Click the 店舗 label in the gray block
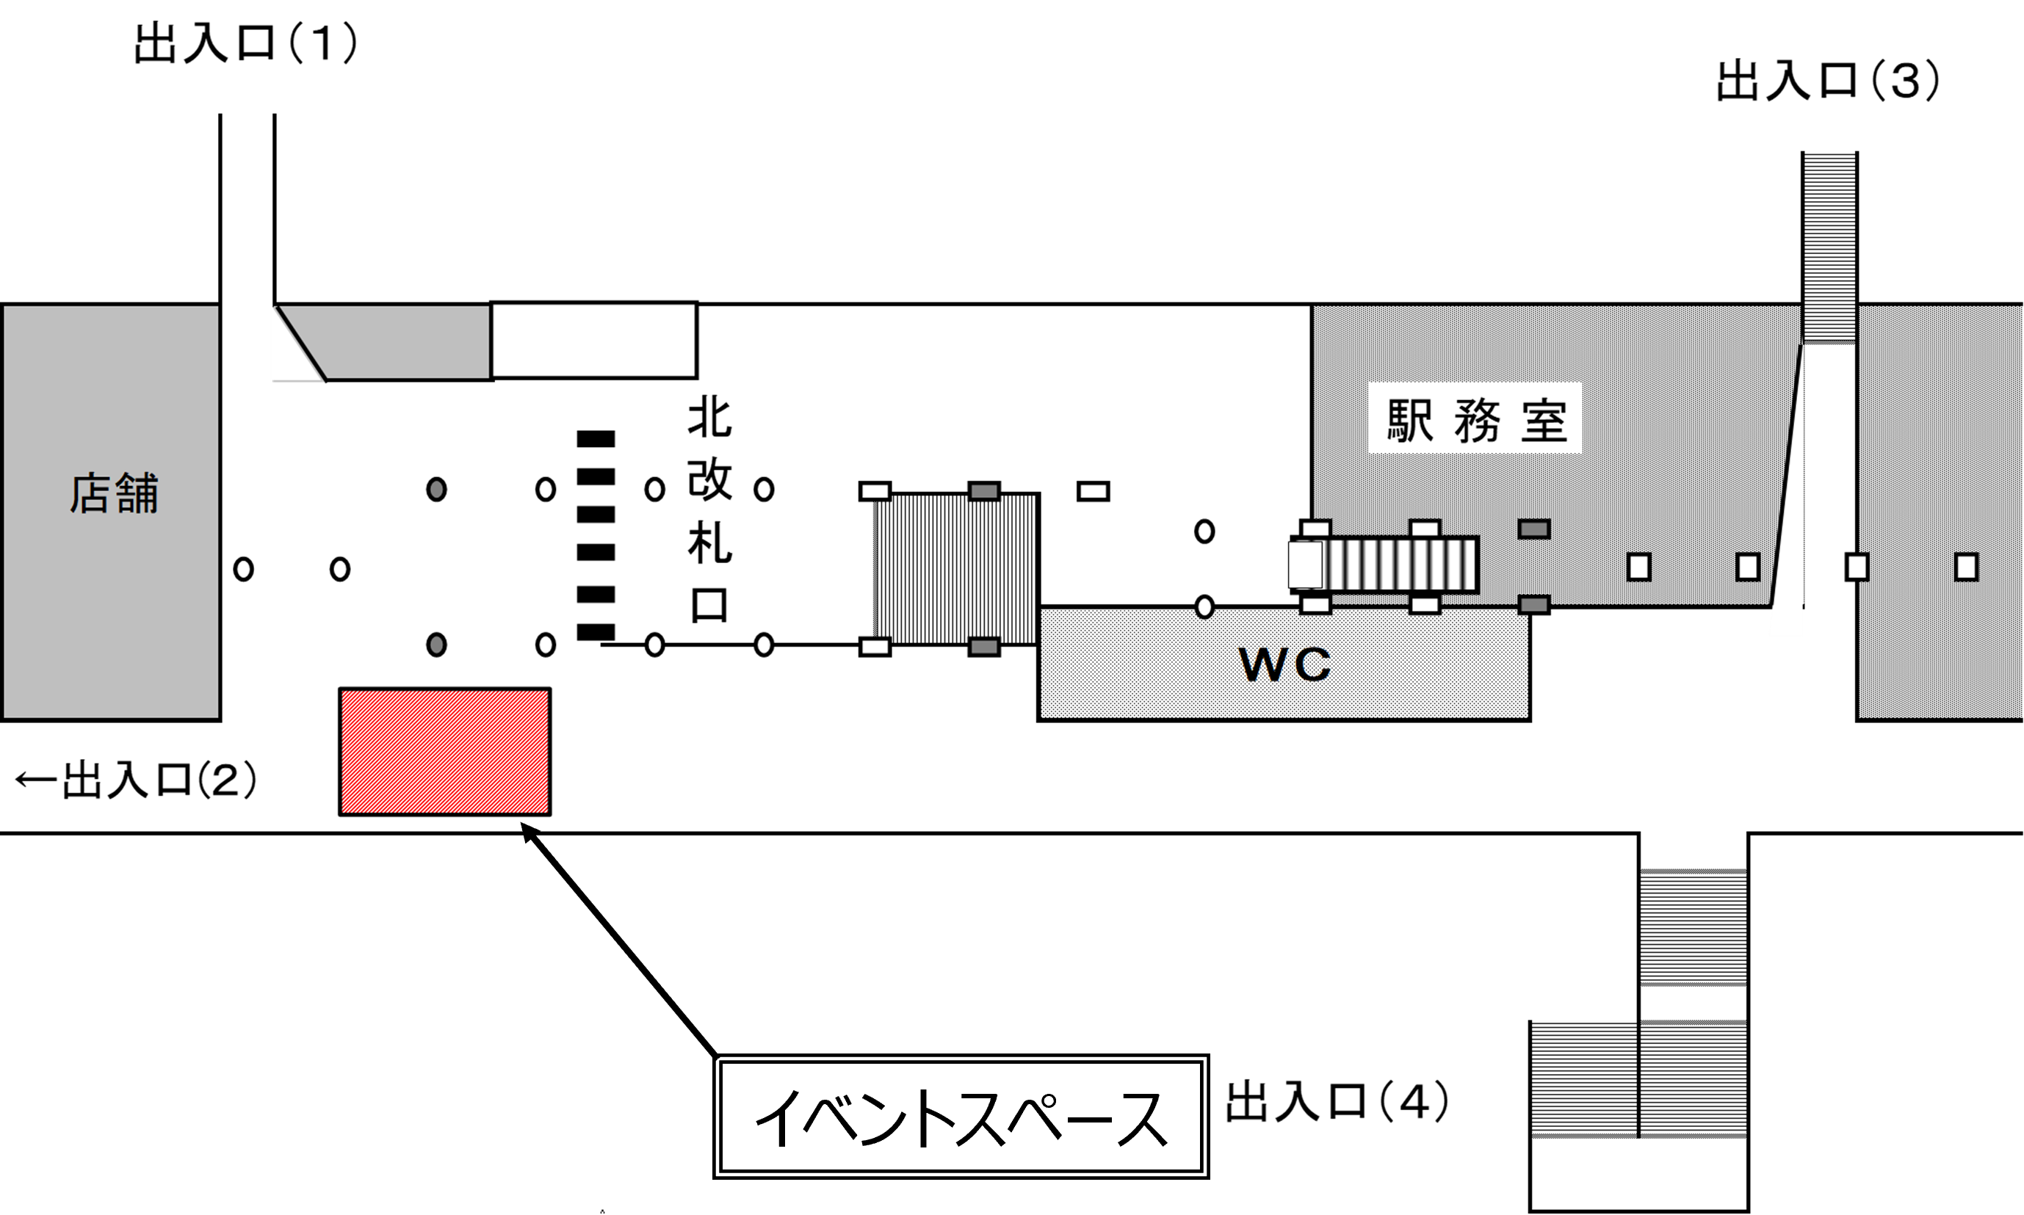pos(113,495)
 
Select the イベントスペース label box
pos(961,1117)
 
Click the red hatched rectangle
pos(444,752)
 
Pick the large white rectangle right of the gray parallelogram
pos(593,341)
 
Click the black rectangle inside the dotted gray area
pos(1475,418)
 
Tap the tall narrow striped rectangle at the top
pos(1829,246)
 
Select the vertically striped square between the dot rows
pos(955,569)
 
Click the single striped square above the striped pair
pos(1694,928)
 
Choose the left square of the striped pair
pos(1583,1078)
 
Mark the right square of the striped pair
pos(1694,1078)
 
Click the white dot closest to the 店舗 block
pos(243,569)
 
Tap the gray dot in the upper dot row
pos(436,490)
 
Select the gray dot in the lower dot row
pos(436,645)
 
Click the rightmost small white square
pos(1967,567)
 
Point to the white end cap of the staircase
pos(1304,565)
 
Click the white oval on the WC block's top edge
pos(1204,609)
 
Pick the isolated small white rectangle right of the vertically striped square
pos(1093,491)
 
